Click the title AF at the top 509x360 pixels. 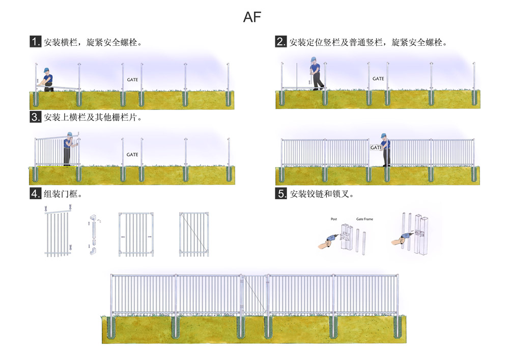(x=252, y=17)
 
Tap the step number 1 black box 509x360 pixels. (x=36, y=42)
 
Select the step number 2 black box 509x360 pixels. (x=281, y=42)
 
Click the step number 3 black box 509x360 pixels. (x=36, y=117)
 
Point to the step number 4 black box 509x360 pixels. (x=36, y=193)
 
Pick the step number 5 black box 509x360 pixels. (x=281, y=193)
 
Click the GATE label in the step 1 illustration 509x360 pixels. (x=132, y=80)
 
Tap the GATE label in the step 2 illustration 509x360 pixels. (x=378, y=79)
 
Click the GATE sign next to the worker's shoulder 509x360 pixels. (x=376, y=148)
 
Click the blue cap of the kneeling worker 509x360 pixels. (x=46, y=70)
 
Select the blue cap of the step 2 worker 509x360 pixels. (x=314, y=61)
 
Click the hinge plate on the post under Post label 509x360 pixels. (x=345, y=236)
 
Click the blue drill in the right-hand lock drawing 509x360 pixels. (x=408, y=237)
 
